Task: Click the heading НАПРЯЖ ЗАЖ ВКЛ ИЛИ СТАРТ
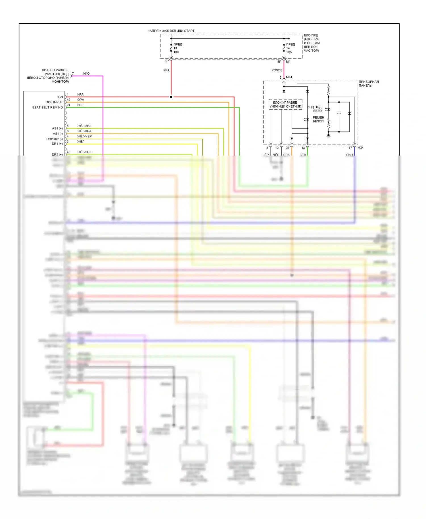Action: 171,31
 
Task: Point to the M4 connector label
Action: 288,62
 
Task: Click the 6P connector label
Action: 167,61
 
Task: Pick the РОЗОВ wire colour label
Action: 277,70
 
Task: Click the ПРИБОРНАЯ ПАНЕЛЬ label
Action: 368,83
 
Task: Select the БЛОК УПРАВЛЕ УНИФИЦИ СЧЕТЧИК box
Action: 285,104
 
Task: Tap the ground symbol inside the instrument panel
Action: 329,136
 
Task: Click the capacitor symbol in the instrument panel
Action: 339,113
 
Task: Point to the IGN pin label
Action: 60,97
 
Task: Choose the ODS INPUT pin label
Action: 54,102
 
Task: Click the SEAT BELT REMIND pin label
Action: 47,107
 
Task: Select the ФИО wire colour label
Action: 86,74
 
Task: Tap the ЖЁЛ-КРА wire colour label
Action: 84,131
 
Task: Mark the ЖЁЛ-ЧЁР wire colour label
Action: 84,136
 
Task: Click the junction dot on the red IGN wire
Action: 171,97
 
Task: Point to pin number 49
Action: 68,100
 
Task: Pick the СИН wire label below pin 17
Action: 349,155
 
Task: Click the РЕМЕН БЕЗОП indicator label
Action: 318,119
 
